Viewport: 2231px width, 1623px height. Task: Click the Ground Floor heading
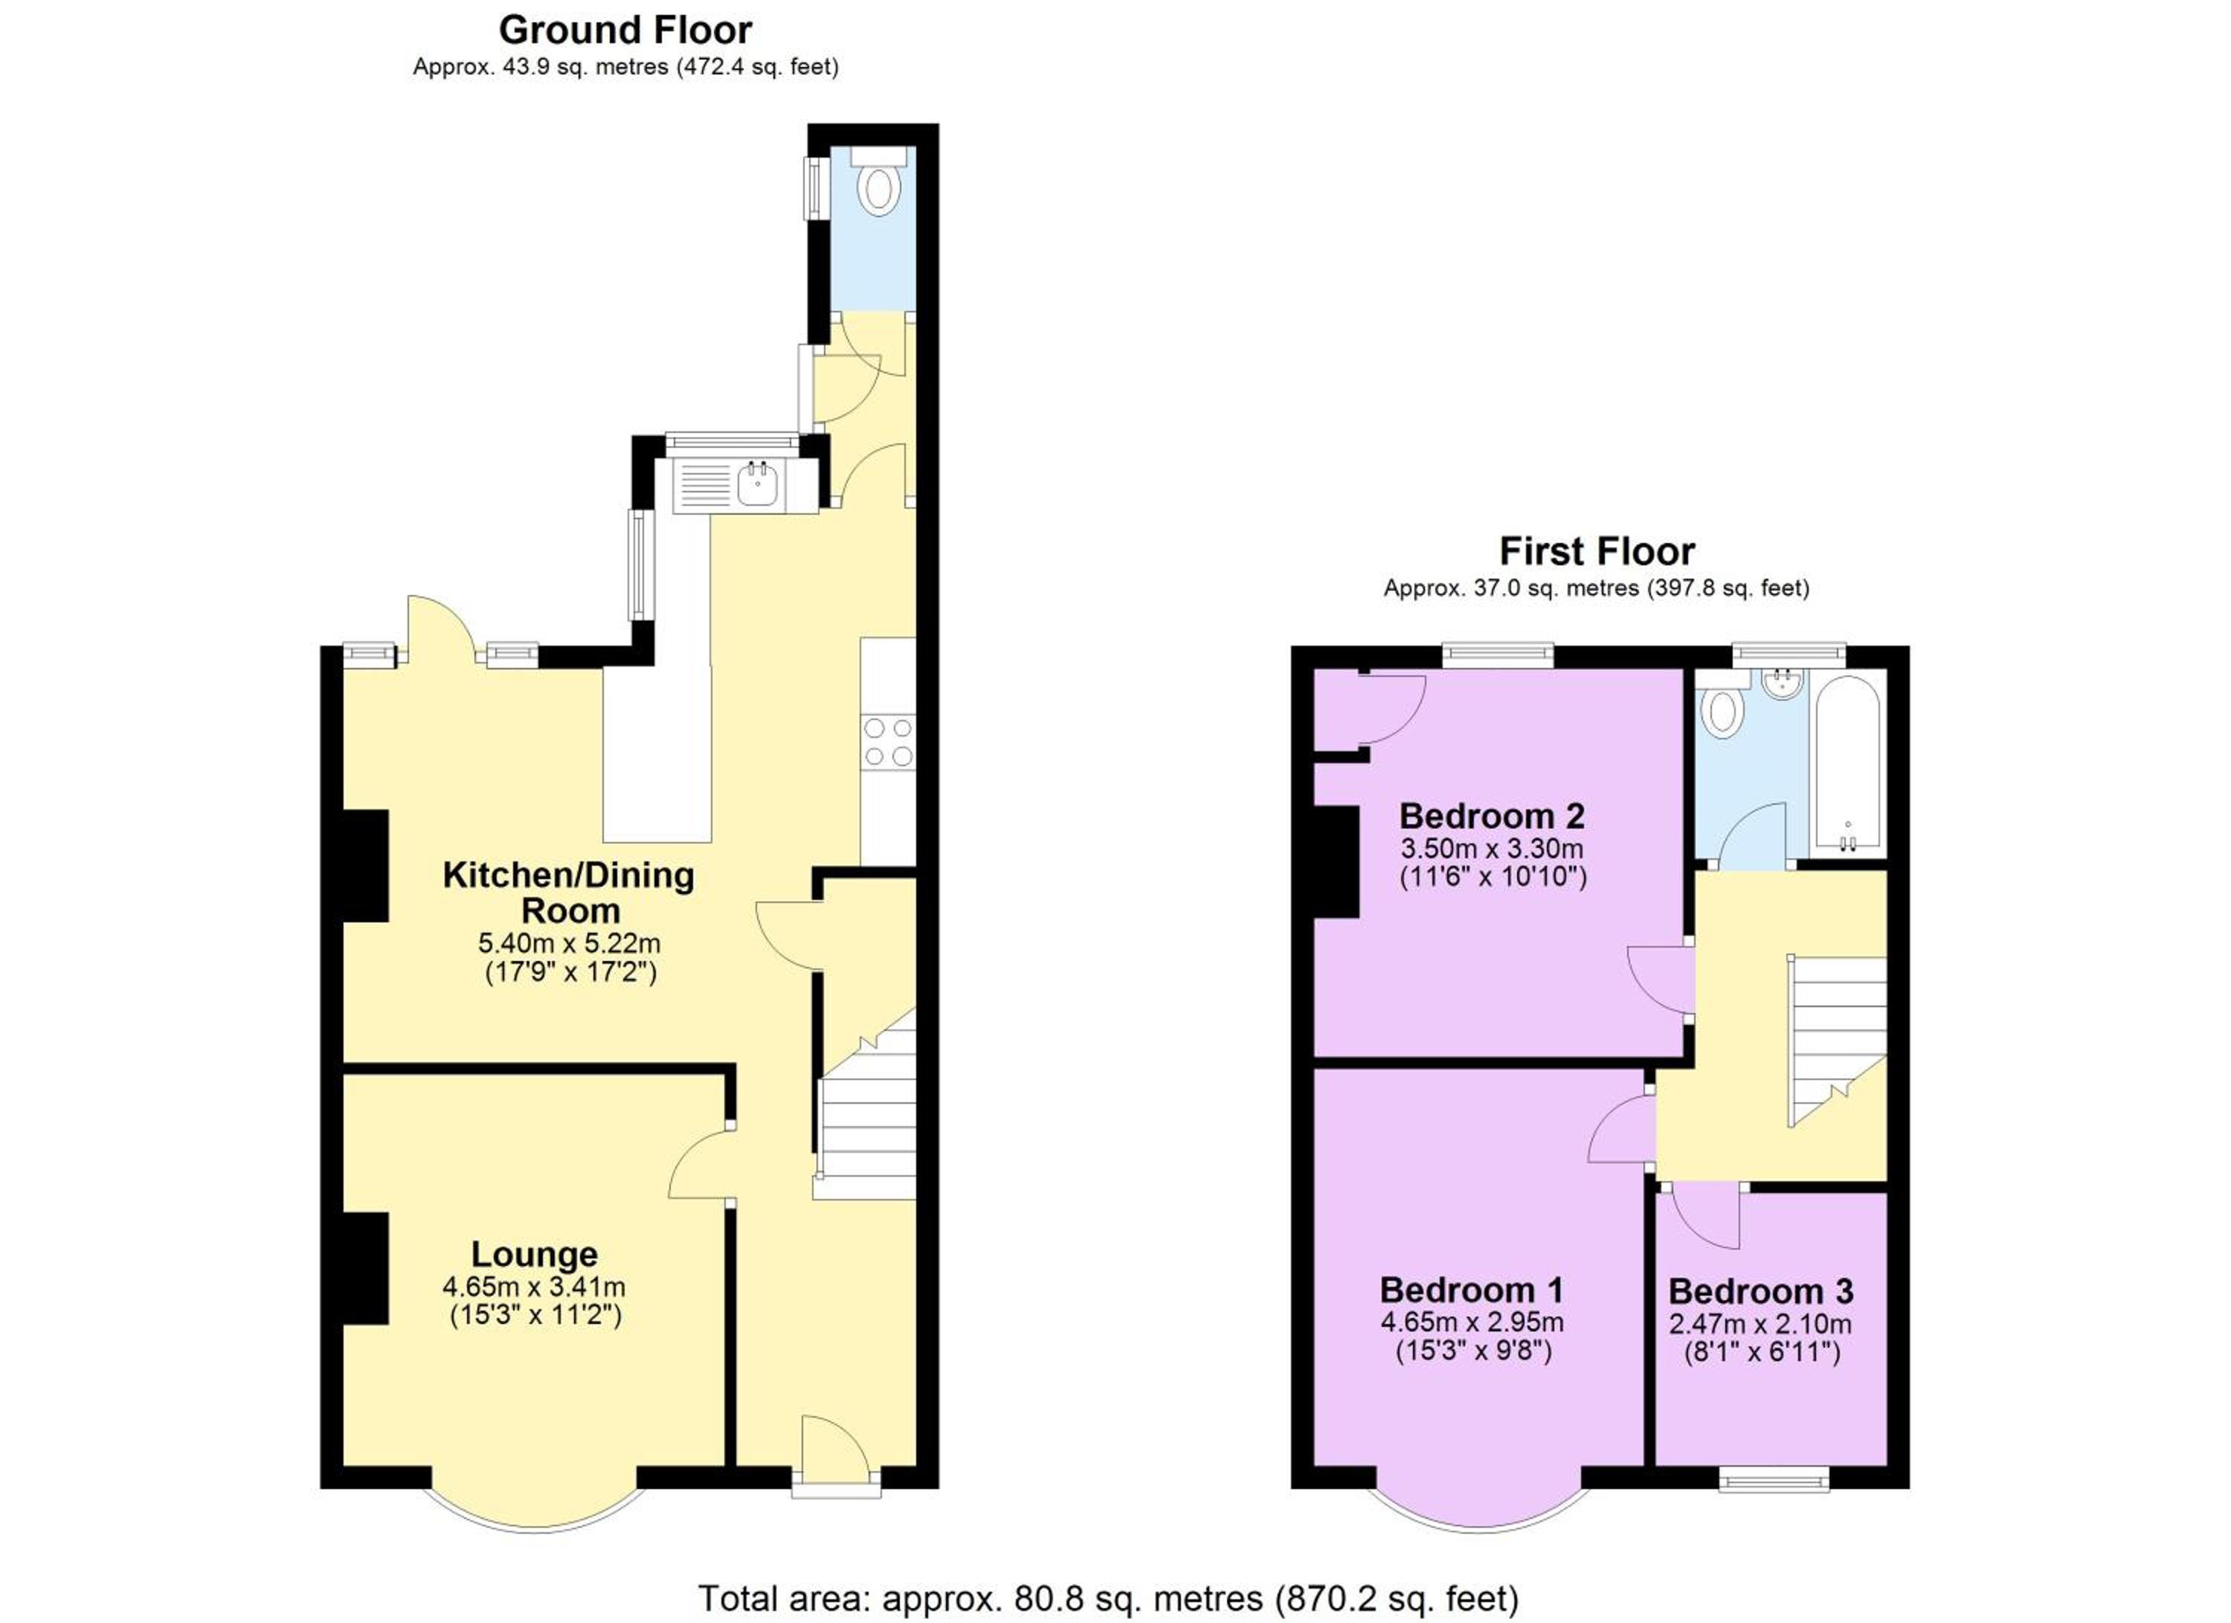625,30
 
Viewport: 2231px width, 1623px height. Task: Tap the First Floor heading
1597,551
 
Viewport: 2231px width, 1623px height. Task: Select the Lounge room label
534,1254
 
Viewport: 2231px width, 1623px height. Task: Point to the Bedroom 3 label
1761,1291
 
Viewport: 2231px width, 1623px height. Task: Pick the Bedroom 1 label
1472,1290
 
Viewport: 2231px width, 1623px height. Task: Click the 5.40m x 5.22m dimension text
570,943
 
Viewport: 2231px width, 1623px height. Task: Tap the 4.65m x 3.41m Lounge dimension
534,1287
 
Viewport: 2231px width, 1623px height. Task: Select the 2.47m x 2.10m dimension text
1761,1324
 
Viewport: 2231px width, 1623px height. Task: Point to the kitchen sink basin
759,485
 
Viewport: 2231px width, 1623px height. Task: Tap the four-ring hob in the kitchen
887,742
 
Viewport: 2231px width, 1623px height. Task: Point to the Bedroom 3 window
1774,1479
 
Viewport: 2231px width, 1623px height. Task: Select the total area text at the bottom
1109,1598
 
